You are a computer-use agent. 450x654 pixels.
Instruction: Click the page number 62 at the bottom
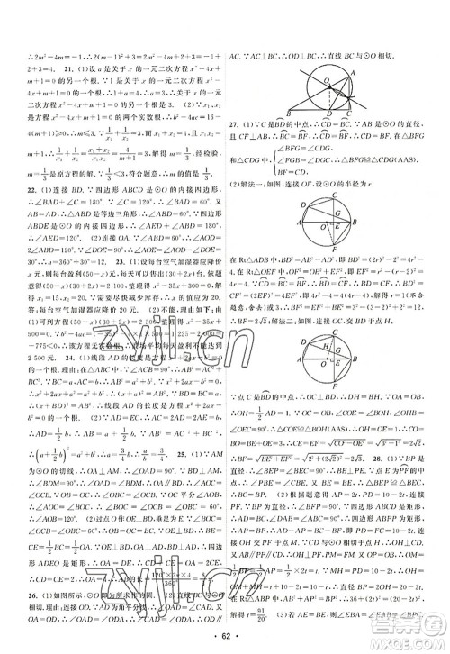coord(225,641)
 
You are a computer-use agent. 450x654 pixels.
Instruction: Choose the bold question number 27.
coord(235,123)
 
